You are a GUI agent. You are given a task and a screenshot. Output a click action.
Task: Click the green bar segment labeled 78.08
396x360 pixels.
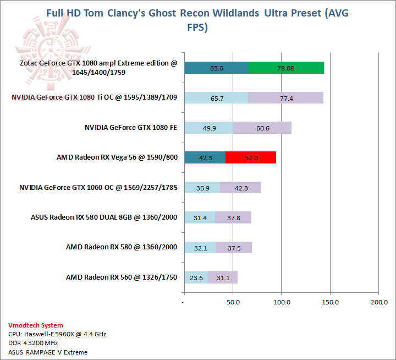point(286,68)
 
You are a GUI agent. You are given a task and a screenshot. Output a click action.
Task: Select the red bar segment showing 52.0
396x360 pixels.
point(251,157)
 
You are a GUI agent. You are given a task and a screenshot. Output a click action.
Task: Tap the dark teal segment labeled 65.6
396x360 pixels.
point(216,68)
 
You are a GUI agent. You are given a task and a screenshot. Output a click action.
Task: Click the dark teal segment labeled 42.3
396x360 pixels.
point(205,157)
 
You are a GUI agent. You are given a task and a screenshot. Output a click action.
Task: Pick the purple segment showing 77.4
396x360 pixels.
point(285,98)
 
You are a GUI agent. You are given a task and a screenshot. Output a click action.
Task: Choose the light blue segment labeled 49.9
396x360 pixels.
point(208,128)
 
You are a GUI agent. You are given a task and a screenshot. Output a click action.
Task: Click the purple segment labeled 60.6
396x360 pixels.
point(262,128)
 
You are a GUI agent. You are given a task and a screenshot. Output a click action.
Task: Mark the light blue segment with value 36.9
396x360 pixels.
point(202,188)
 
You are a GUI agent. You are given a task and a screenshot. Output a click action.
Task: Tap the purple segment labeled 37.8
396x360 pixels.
point(233,217)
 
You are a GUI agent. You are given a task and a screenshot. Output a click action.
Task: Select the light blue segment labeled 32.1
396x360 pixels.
point(200,248)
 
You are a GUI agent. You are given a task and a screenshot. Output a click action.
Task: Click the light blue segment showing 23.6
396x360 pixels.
point(196,277)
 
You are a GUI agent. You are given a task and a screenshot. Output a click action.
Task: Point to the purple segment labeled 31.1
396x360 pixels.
point(223,277)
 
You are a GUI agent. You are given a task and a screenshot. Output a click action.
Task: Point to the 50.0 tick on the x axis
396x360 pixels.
point(233,302)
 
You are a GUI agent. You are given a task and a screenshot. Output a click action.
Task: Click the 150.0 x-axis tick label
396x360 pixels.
point(331,302)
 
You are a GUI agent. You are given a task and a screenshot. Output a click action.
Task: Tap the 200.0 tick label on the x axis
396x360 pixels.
point(379,302)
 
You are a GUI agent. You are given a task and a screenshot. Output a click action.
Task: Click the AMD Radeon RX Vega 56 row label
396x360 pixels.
point(117,157)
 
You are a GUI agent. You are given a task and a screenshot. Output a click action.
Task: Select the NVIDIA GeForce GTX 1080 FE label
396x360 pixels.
point(130,128)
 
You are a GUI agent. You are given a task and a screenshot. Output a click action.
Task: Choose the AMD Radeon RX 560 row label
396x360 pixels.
point(121,277)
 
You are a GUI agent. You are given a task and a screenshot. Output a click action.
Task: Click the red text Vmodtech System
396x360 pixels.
point(35,325)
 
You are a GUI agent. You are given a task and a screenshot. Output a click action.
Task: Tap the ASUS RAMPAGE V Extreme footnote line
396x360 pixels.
point(48,352)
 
